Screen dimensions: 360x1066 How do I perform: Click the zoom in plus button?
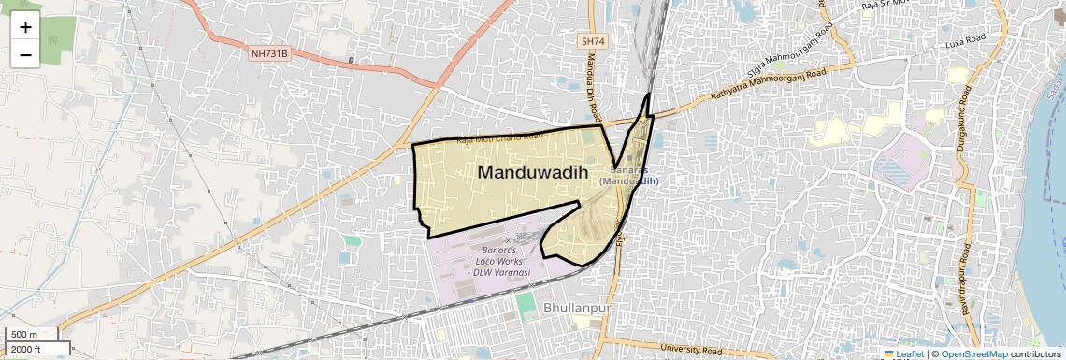pos(25,26)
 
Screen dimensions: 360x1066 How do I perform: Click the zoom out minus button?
pos(25,54)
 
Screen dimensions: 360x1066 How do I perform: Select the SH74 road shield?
pos(593,41)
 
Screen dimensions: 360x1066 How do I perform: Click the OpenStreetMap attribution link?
pos(973,353)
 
